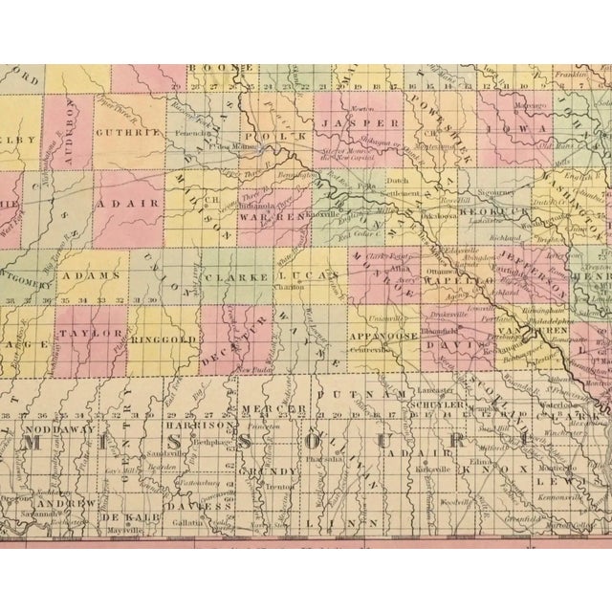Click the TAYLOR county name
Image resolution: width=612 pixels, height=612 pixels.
click(92, 333)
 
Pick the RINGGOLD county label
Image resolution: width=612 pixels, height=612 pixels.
click(163, 338)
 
